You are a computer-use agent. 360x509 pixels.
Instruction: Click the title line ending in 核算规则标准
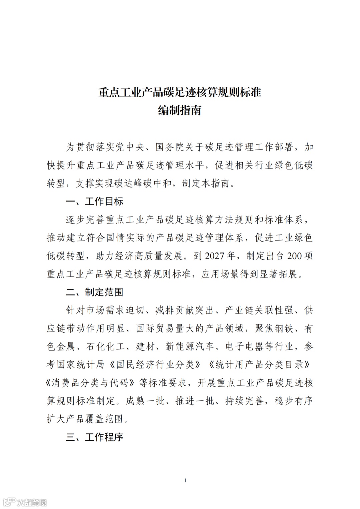180,92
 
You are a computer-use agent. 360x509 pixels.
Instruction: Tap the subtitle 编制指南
180,110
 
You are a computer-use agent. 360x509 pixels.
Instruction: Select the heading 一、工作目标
95,201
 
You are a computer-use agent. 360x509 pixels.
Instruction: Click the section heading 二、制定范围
95,292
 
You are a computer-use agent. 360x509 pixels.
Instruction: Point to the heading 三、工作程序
95,437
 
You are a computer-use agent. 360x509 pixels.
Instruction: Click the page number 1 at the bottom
185,480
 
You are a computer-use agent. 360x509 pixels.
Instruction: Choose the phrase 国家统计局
76,365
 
